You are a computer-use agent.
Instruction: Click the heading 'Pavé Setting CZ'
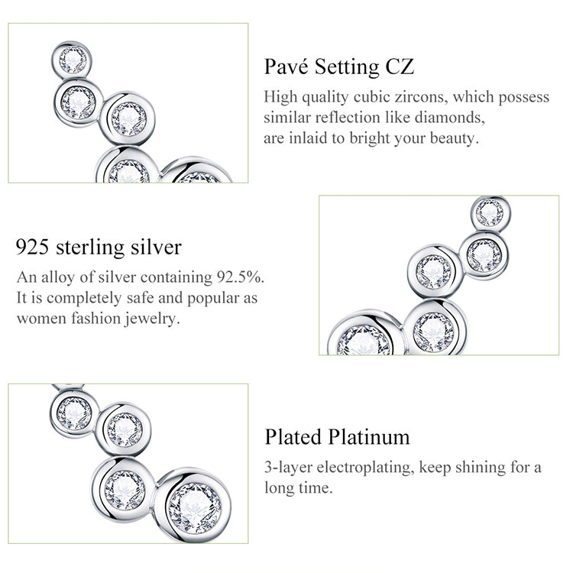pyautogui.click(x=338, y=67)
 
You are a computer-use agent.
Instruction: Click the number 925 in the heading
pyautogui.click(x=32, y=247)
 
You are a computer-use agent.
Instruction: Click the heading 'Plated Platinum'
pyautogui.click(x=337, y=437)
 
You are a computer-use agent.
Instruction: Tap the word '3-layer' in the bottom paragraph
pyautogui.click(x=288, y=468)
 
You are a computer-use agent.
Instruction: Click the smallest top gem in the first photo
pyautogui.click(x=73, y=60)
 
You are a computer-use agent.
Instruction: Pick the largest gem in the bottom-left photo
pyautogui.click(x=195, y=507)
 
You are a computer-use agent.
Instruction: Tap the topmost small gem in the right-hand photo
pyautogui.click(x=489, y=212)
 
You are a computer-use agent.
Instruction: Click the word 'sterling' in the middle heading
pyautogui.click(x=90, y=248)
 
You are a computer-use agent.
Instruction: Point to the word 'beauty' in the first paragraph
pyautogui.click(x=455, y=138)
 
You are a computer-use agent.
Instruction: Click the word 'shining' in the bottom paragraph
pyautogui.click(x=481, y=468)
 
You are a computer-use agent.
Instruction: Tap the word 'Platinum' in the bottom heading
pyautogui.click(x=368, y=437)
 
